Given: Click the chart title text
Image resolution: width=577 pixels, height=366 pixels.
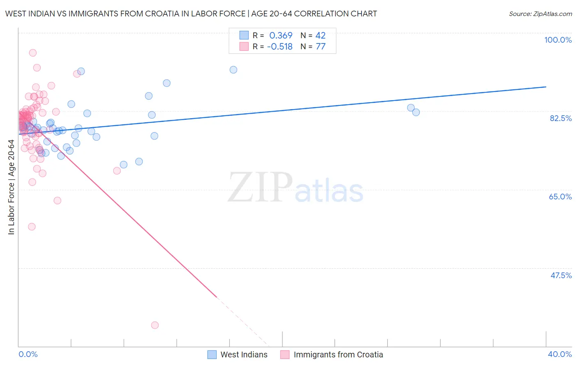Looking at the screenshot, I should click(x=191, y=14).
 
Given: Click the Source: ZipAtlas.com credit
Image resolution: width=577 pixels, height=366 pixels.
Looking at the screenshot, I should click(x=540, y=14).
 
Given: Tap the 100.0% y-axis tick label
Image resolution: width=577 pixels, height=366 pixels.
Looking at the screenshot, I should click(x=558, y=40).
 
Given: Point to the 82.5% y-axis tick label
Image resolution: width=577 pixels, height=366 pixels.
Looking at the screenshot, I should click(x=561, y=118).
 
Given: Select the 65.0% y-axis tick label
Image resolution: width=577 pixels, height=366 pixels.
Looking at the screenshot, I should click(x=560, y=197).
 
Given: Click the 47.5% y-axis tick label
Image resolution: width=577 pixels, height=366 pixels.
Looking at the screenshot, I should click(x=561, y=275).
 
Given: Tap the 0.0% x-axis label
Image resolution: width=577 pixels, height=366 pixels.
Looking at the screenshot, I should click(x=28, y=354).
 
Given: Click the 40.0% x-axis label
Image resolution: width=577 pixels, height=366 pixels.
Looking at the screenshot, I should click(x=559, y=354).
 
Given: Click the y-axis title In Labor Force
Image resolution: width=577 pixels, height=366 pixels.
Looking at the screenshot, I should click(x=11, y=187).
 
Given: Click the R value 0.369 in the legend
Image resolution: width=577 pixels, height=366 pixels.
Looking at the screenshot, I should click(x=281, y=36).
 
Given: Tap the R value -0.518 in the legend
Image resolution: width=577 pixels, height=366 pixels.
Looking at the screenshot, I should click(x=279, y=47).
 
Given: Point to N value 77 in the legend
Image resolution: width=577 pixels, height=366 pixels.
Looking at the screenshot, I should click(x=321, y=47).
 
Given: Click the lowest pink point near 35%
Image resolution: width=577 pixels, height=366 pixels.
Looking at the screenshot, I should click(x=155, y=325).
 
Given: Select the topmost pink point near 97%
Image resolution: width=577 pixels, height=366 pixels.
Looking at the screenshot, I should click(x=33, y=53).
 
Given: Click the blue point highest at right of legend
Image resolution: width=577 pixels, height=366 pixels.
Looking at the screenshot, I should click(x=233, y=70).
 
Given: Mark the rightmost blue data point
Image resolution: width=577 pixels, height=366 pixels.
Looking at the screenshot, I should click(x=416, y=112).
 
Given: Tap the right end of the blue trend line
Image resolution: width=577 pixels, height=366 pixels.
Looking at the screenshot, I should click(x=546, y=87).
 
